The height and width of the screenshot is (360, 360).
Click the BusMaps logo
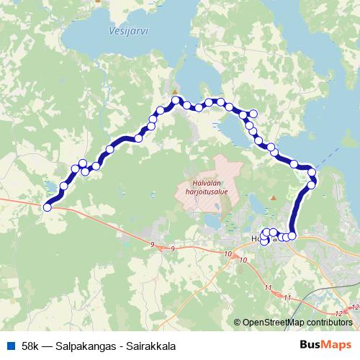coord(326,346)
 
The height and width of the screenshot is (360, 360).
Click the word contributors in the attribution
coord(330,322)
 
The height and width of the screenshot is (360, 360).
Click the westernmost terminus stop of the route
coord(48,207)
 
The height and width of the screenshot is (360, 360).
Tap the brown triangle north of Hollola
coord(272,197)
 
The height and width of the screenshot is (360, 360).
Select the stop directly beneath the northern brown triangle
coord(174,100)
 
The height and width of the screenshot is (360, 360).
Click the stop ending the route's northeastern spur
coord(253,112)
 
